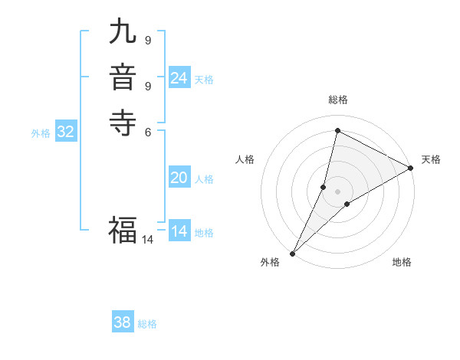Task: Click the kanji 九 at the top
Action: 123,32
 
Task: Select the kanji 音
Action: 123,77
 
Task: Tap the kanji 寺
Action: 123,122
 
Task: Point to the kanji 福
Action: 123,228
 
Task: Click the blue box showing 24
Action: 179,78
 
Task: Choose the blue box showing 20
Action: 179,178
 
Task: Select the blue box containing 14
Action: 179,231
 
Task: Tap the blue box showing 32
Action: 66,132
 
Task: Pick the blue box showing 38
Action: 123,322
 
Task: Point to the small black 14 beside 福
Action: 147,240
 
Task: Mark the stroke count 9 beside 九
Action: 147,40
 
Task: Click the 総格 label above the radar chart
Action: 338,100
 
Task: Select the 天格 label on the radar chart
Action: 431,159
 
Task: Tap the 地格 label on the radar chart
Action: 402,262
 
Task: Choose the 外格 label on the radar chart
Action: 270,262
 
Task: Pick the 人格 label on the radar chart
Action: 245,159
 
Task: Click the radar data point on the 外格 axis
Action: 292,253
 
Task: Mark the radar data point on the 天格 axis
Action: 411,168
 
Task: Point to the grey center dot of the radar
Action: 338,191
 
